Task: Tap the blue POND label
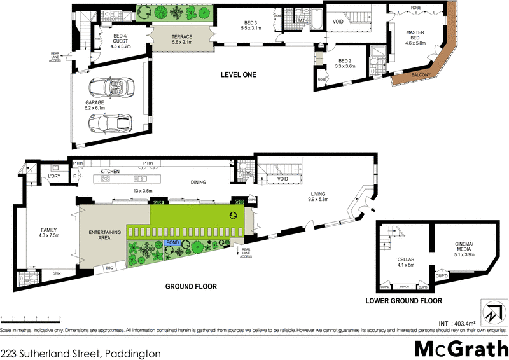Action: click(172, 243)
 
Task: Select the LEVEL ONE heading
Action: click(238, 74)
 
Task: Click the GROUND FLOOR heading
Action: click(191, 287)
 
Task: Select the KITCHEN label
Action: click(109, 172)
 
